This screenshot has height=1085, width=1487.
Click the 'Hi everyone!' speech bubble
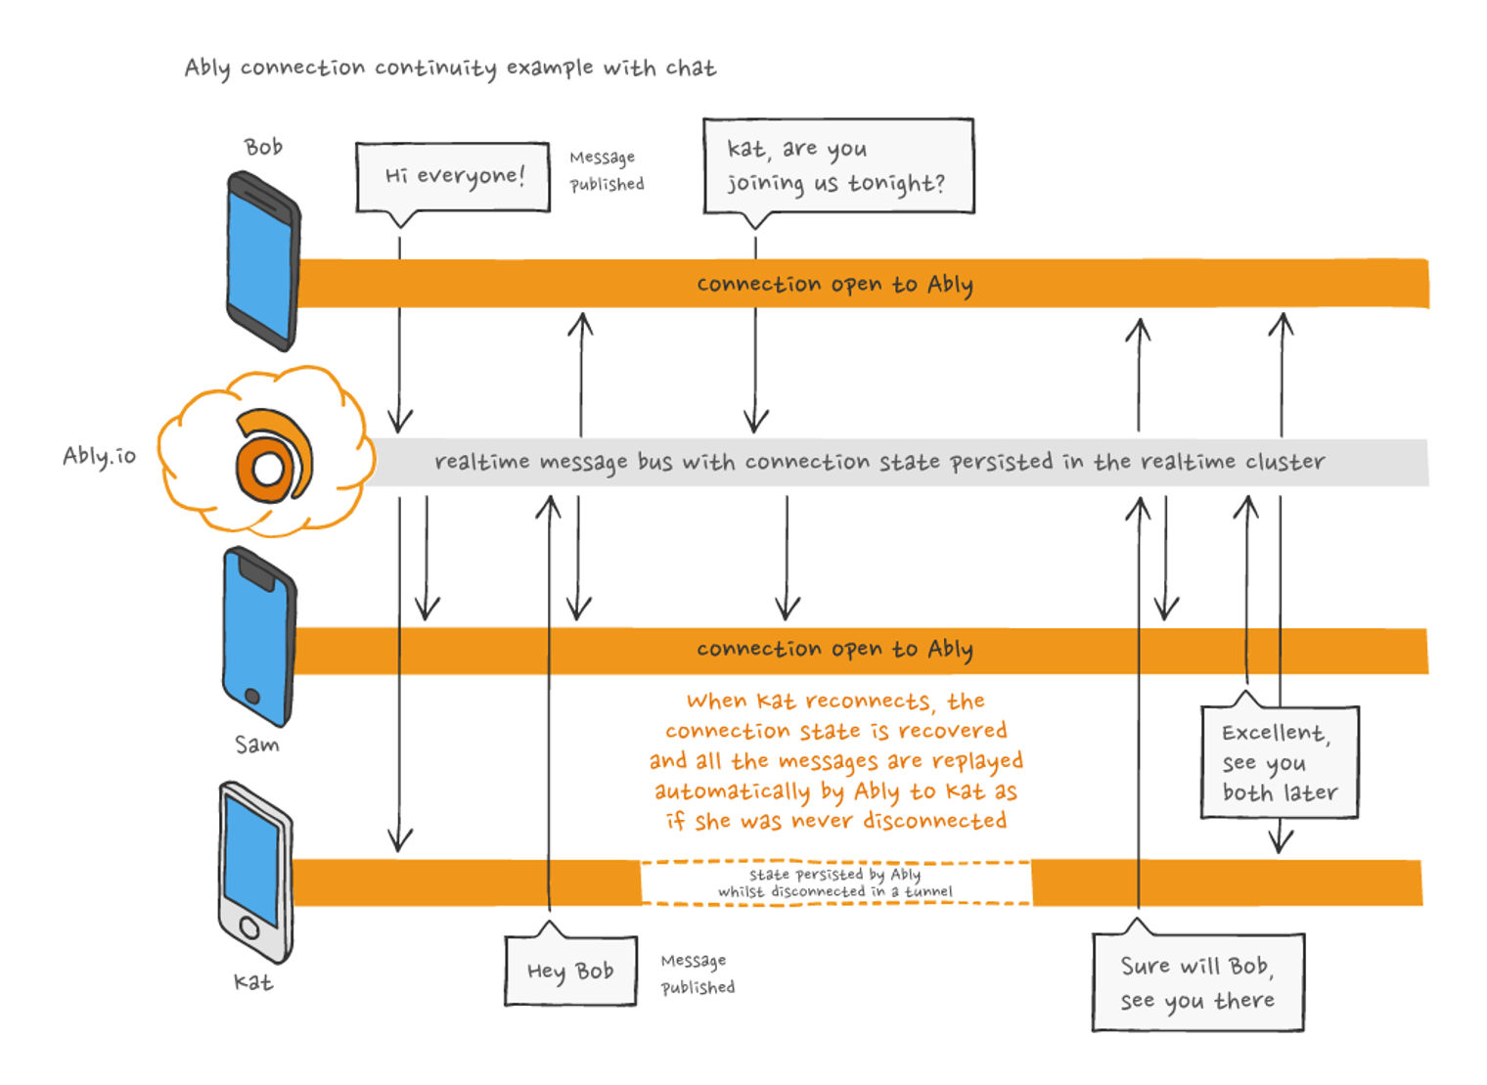453,176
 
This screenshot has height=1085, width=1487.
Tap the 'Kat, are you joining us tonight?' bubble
838,166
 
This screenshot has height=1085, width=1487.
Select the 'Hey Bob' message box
570,971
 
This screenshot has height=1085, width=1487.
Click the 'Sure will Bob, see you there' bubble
1197,982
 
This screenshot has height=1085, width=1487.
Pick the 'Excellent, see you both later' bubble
1280,762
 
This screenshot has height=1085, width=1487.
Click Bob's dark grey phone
262,261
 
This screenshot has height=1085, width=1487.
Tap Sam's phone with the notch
258,637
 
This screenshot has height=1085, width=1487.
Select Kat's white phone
254,872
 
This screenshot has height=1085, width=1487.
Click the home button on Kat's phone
249,927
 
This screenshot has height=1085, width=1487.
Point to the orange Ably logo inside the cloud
272,457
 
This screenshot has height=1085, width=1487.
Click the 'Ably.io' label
99,456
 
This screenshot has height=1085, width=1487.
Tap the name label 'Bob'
263,147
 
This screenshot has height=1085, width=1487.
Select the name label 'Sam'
256,745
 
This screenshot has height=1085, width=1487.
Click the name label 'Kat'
252,981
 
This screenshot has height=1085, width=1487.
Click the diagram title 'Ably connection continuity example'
450,68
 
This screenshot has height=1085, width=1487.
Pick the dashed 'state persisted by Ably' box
835,882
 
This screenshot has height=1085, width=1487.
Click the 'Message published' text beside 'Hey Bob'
698,974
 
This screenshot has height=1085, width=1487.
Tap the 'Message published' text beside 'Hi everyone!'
607,170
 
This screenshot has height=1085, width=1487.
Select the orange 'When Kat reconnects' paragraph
836,760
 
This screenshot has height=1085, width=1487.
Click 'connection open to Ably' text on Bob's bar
834,284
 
